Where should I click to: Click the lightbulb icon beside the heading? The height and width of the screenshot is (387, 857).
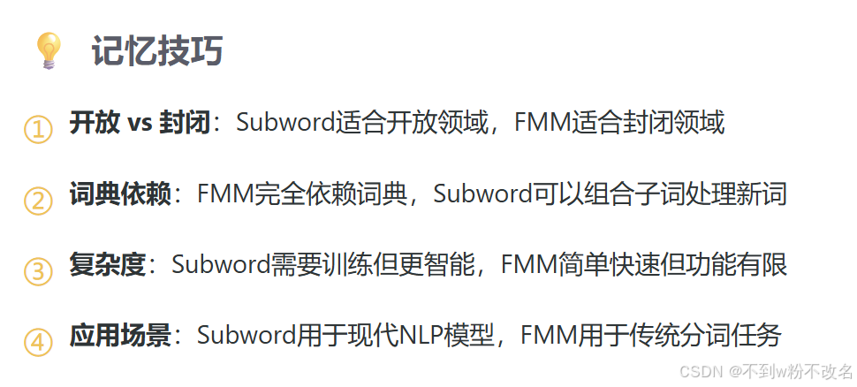(48, 51)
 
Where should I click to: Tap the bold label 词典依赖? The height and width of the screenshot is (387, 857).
(119, 193)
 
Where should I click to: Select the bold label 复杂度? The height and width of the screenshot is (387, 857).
(107, 264)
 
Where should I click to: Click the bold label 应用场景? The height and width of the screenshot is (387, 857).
(119, 335)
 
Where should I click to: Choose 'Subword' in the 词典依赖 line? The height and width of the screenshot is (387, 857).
(482, 193)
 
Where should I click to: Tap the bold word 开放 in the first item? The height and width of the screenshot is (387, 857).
(95, 123)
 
